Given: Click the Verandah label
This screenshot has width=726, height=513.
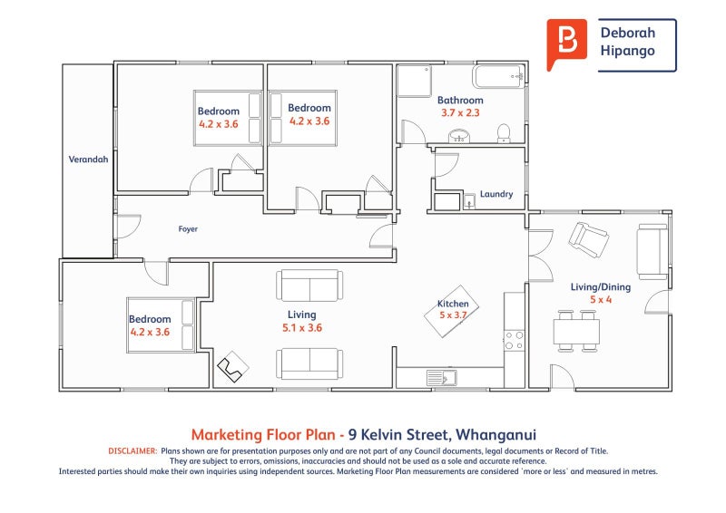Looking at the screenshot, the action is tap(88, 160).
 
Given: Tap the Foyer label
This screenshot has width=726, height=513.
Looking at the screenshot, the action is tap(188, 228).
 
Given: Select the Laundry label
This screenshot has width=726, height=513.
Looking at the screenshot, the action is tap(496, 194).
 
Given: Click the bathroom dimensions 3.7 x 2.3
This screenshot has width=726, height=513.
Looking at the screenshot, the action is tap(460, 112).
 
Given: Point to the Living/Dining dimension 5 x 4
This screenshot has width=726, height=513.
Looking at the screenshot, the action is tap(601, 299).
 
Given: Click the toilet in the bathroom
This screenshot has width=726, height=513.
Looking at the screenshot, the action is tap(504, 132).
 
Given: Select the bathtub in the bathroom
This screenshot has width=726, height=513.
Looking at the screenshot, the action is tap(498, 76).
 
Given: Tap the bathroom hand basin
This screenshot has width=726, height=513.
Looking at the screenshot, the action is tap(459, 136).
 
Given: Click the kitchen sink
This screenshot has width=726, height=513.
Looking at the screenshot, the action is tap(441, 377).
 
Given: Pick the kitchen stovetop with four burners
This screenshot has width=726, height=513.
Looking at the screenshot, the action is tap(514, 340).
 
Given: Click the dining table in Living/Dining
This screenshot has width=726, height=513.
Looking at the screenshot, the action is tap(576, 330).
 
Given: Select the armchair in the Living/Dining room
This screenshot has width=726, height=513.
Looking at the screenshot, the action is tap(588, 239).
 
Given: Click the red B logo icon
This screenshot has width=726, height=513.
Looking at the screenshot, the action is tap(566, 44).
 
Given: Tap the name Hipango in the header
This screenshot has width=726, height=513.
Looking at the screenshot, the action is tap(627, 51).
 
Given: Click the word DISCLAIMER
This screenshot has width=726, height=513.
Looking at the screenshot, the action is tap(132, 450).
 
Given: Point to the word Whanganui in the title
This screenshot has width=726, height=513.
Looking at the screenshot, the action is tap(495, 435).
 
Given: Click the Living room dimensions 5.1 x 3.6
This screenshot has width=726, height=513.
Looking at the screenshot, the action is tap(302, 327).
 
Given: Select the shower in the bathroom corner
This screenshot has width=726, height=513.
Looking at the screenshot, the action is tap(414, 81).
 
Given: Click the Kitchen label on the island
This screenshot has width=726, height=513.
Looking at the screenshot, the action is tap(453, 304).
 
